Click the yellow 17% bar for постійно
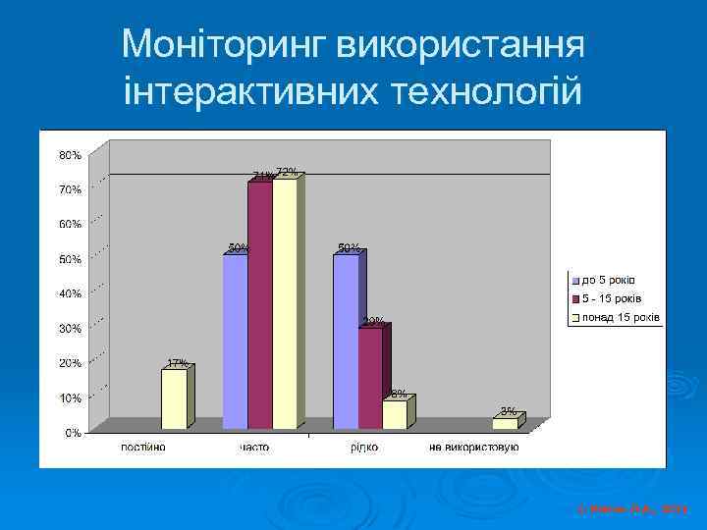(x=174, y=398)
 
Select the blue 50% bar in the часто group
(x=235, y=342)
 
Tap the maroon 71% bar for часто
(x=259, y=305)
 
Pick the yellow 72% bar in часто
(x=284, y=303)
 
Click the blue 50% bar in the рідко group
(x=346, y=342)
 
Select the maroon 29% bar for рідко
(x=370, y=378)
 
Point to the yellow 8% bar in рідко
(x=394, y=414)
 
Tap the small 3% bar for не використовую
(x=505, y=424)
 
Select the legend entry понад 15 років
(x=618, y=317)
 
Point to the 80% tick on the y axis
(x=70, y=155)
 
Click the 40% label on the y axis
(x=70, y=293)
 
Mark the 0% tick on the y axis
(x=73, y=433)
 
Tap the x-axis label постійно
(x=143, y=448)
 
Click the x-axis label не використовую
(x=473, y=448)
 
